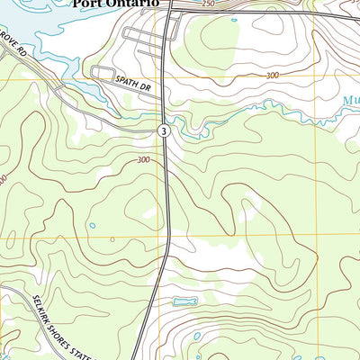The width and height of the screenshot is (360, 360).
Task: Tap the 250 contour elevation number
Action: coord(209,5)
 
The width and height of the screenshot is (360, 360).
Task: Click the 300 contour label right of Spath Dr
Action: coord(272,76)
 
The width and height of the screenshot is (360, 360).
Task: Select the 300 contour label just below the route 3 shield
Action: coord(143,160)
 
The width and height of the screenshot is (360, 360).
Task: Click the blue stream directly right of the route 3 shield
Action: coord(184,134)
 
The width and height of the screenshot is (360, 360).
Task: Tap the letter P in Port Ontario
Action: coord(78,4)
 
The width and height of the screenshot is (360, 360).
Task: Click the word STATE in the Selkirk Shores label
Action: coord(85,349)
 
